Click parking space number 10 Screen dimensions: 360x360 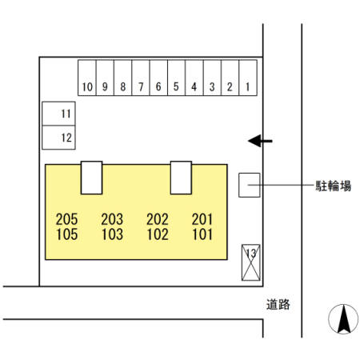(x=87, y=78)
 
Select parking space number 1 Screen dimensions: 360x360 (x=248, y=78)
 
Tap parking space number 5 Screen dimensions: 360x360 (x=176, y=78)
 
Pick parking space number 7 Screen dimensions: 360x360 (x=141, y=78)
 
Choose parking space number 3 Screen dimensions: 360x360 (x=212, y=78)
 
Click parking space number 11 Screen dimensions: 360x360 (x=58, y=114)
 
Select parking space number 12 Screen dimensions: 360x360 (x=58, y=138)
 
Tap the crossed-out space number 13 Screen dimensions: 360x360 (x=251, y=262)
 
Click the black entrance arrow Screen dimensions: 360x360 (x=260, y=141)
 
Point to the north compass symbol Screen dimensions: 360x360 (x=343, y=319)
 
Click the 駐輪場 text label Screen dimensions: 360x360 (x=333, y=186)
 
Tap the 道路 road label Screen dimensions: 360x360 (x=278, y=304)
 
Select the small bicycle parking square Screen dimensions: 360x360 (x=250, y=185)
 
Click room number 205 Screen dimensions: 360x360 (x=66, y=219)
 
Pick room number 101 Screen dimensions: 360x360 (x=202, y=234)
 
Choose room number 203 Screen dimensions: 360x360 (x=112, y=219)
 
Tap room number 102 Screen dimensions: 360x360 (x=158, y=234)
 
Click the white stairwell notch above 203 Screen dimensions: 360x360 (x=91, y=178)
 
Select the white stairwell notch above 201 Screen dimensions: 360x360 (x=181, y=178)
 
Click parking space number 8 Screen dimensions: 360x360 (x=122, y=78)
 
